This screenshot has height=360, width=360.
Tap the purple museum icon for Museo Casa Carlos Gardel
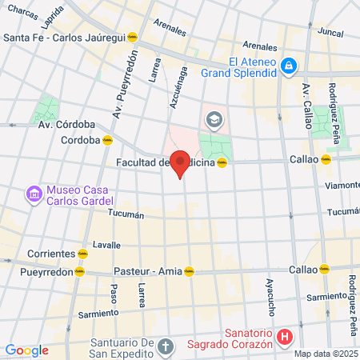coord(33,194)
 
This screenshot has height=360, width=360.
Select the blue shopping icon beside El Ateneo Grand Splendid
coord(290,66)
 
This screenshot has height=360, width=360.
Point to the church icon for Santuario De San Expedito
coord(165,347)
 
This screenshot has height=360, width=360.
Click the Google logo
coord(26,350)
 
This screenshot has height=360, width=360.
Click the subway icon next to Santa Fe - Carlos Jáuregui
coord(135,37)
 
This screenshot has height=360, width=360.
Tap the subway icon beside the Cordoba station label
coord(107,139)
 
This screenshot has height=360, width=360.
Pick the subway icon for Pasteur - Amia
coord(190,270)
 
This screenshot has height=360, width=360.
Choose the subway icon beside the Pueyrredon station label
coord(79,270)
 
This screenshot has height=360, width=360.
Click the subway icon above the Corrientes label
coord(82,253)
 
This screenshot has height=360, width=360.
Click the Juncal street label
coord(330,32)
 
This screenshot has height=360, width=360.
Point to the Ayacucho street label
coord(270,295)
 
